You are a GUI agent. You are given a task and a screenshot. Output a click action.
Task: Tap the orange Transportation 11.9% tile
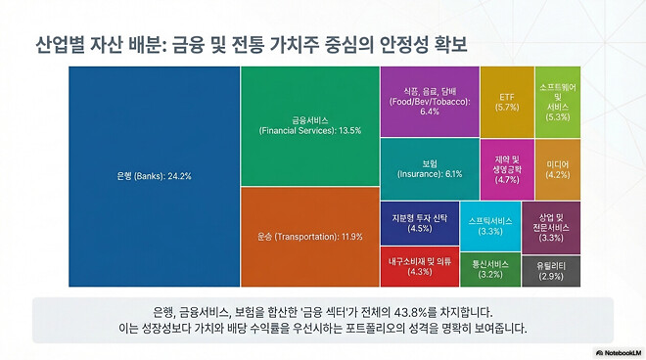click(309, 237)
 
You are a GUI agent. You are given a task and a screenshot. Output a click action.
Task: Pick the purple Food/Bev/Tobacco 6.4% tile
click(429, 101)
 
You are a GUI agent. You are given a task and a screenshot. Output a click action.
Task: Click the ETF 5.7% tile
click(507, 102)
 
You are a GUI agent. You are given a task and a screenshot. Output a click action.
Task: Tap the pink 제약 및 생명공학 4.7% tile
click(507, 168)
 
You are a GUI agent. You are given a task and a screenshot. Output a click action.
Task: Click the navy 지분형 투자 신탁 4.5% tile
click(419, 223)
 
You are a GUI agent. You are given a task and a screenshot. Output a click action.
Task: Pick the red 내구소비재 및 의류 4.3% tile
click(419, 265)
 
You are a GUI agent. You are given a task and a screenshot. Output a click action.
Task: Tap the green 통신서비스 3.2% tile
click(490, 268)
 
